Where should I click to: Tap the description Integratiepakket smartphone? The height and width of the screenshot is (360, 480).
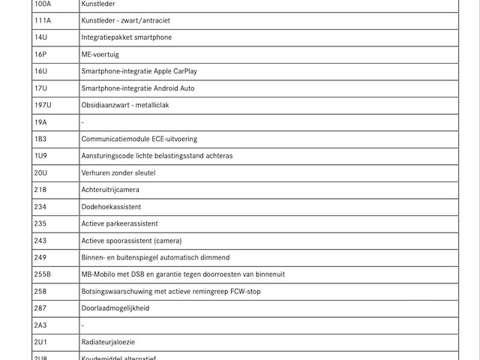(x=126, y=37)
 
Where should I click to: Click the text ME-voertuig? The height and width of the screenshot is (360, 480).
(x=100, y=55)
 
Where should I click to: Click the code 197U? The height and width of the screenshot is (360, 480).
(x=43, y=105)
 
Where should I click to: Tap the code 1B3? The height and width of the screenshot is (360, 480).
(x=40, y=139)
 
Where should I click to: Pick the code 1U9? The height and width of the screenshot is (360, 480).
(x=40, y=156)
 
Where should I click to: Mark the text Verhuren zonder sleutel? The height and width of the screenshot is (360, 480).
(x=118, y=172)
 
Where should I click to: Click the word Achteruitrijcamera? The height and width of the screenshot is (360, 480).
(x=110, y=190)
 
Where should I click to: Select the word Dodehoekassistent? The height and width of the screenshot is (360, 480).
(x=111, y=206)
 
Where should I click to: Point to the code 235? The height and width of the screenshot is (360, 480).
(x=40, y=223)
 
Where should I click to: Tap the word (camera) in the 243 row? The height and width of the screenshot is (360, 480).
(x=168, y=241)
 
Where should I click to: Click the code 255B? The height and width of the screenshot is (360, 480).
(x=43, y=274)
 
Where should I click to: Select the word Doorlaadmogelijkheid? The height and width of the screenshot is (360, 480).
(x=115, y=308)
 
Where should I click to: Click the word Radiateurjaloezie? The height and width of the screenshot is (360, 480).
(x=109, y=342)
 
